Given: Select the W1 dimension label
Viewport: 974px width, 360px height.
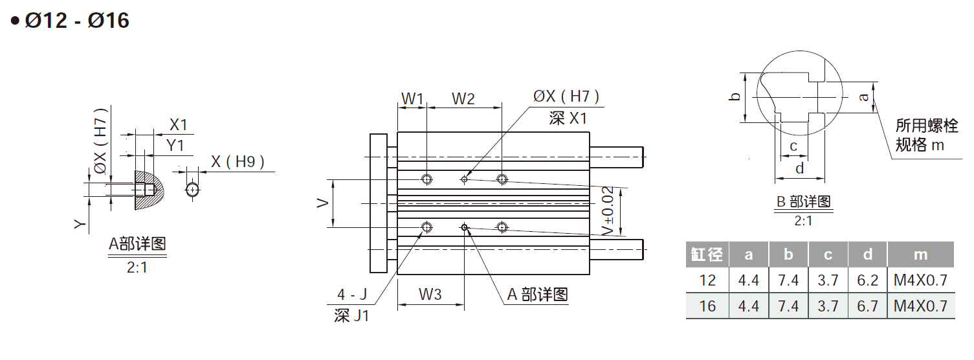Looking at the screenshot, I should coord(412,98).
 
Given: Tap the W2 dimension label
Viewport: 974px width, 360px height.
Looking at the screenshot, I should coord(463,98).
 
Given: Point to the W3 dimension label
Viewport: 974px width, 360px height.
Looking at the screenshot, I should coord(430,294).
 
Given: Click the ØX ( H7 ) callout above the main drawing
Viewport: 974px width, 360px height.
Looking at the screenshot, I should coord(566,96).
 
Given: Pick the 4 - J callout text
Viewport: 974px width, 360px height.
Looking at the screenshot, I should coord(352,295).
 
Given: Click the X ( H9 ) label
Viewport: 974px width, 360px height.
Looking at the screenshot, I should coord(238,162).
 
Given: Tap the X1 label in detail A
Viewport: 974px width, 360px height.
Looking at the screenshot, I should coord(178,125).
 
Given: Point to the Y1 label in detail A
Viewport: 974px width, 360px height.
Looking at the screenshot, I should coord(175,146).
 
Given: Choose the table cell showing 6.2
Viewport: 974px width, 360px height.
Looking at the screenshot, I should coord(867,280).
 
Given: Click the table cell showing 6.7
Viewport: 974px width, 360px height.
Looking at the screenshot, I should coord(867,306).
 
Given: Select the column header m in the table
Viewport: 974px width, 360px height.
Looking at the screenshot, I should coord(920,254).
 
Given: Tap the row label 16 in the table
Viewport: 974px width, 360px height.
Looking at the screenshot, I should coord(707,306).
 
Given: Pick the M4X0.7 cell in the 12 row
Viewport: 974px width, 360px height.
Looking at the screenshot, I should coord(920,280).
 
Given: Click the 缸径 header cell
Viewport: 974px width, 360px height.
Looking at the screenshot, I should coord(707,254).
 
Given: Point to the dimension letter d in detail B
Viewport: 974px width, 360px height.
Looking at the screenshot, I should coord(800,168).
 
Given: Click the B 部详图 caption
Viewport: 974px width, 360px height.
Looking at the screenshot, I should coord(803,201).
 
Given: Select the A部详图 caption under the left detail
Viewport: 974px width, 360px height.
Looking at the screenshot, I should coord(137,244).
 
